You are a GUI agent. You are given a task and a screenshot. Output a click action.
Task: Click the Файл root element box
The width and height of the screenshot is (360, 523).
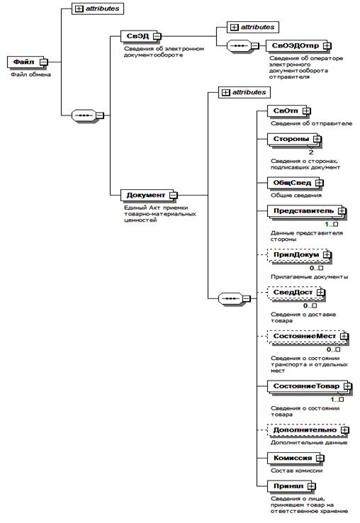tap(28, 62)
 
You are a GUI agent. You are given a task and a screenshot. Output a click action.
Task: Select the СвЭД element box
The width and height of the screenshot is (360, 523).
tap(140, 36)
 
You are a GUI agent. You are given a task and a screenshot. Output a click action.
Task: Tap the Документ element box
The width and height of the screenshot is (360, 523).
tap(149, 195)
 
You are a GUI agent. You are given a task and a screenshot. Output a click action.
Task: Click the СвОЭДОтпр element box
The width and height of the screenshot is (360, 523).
tap(298, 45)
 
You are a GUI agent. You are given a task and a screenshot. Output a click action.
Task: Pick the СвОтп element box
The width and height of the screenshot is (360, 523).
tap(289, 111)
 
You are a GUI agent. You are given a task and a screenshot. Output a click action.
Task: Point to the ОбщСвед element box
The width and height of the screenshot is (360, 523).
tap(296, 183)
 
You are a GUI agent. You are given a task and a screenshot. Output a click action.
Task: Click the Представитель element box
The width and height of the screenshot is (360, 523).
tap(307, 212)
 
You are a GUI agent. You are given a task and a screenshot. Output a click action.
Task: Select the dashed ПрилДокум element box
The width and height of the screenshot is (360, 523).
tap(300, 256)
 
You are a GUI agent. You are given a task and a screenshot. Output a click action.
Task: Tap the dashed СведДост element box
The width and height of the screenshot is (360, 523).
tap(296, 293)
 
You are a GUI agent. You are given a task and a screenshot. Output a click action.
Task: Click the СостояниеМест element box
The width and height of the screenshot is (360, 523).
tap(308, 337)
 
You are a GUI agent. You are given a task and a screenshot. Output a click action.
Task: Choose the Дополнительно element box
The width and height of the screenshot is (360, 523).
tap(308, 430)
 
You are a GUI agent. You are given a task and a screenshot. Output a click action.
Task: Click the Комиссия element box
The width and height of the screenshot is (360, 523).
tap(296, 459)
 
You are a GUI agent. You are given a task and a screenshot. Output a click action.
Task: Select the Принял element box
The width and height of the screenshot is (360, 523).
tap(291, 487)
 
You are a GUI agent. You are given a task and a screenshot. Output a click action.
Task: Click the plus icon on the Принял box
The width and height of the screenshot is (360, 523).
tap(311, 487)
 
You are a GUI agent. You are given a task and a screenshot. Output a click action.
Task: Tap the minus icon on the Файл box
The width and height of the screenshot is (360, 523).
tap(44, 62)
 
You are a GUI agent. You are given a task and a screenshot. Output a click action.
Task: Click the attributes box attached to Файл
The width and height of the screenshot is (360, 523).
tap(98, 9)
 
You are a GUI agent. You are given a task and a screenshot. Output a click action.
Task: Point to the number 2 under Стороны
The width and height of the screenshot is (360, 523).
tap(311, 152)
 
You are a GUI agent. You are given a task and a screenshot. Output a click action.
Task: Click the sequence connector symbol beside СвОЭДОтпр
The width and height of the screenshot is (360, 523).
tap(239, 45)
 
